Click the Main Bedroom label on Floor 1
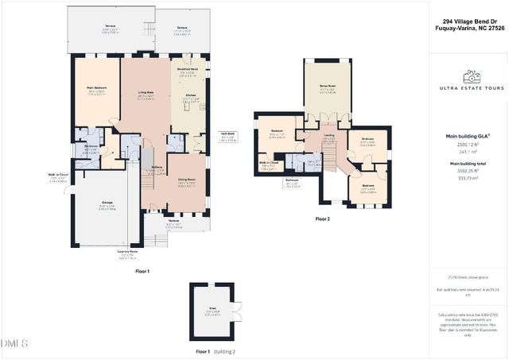[96, 91]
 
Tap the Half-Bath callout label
[227, 137]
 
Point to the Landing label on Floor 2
[328, 135]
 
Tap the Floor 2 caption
[322, 218]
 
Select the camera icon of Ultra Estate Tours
[472, 77]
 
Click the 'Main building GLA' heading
[472, 136]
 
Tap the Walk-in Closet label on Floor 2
[267, 164]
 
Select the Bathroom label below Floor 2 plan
[293, 180]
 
